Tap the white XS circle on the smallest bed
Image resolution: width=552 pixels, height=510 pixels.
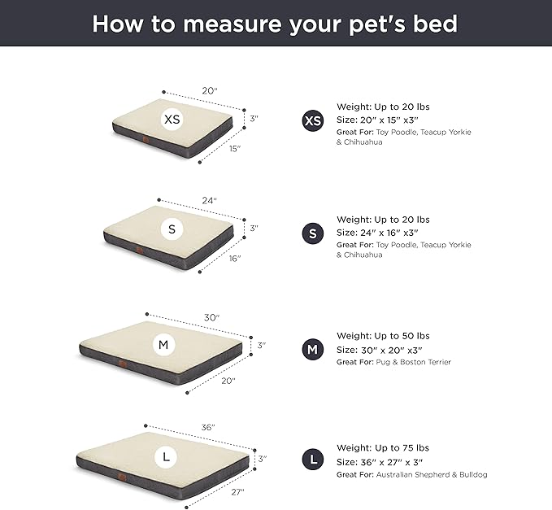172,120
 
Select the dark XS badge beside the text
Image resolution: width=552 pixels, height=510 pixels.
312,121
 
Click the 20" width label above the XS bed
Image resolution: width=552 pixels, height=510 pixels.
210,91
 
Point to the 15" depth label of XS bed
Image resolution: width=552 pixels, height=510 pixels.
234,148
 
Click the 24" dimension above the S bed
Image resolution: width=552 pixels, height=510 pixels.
210,200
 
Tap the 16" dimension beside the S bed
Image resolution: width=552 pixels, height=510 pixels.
234,258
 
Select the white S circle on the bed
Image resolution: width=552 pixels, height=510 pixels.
172,229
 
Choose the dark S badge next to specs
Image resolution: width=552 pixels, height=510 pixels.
312,233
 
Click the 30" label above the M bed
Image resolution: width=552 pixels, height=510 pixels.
211,317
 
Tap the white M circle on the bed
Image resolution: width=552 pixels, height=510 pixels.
164,346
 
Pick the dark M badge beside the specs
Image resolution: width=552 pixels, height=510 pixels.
312,350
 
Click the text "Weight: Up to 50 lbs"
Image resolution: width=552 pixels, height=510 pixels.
383,336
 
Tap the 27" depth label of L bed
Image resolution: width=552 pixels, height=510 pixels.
237,492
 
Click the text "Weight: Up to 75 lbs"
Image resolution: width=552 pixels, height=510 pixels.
383,448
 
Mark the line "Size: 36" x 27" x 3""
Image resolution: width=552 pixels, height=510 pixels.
386,461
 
